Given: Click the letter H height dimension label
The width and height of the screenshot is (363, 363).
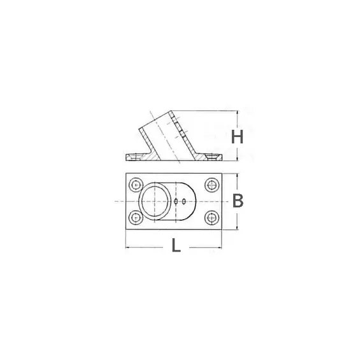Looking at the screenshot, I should coord(238,136).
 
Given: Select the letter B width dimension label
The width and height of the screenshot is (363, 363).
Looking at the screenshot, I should coord(238,201).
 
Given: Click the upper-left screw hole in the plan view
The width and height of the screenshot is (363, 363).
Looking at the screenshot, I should coord(134,186).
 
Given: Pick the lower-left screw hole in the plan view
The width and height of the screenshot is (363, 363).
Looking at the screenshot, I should coord(134,216).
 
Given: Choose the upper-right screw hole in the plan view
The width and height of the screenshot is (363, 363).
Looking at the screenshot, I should coord(211,186).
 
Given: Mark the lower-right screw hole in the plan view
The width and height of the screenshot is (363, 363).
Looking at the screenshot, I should coord(211,216).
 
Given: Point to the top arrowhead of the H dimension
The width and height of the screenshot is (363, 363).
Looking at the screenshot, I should coord(238,114).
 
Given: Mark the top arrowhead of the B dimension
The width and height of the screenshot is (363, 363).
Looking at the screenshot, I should coord(238,176).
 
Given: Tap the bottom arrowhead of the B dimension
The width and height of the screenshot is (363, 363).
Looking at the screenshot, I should coord(238,227).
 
